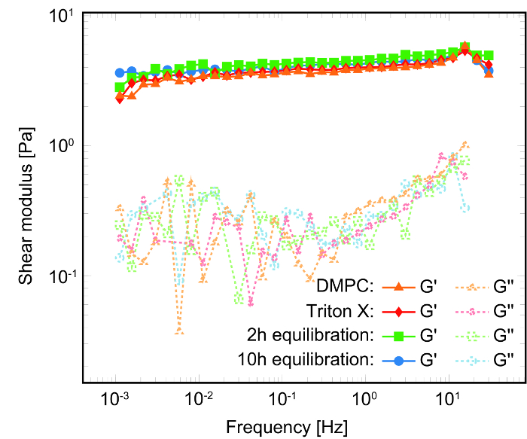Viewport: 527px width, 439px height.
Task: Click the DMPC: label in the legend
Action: point(343,287)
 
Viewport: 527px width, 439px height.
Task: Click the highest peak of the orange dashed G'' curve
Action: point(467,143)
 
